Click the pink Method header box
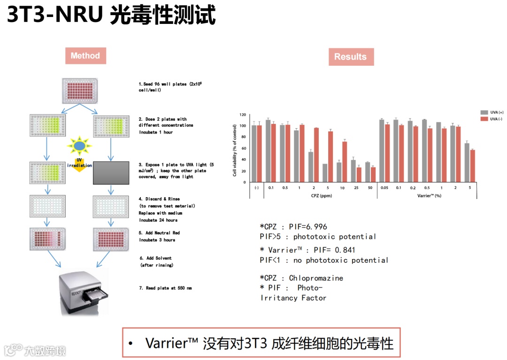(85, 56)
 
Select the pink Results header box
(350, 57)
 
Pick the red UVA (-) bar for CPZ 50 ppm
(373, 175)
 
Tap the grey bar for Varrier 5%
(467, 162)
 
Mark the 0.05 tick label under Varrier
(384, 187)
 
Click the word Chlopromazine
(316, 278)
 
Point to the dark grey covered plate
(111, 172)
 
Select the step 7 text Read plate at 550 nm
(165, 288)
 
